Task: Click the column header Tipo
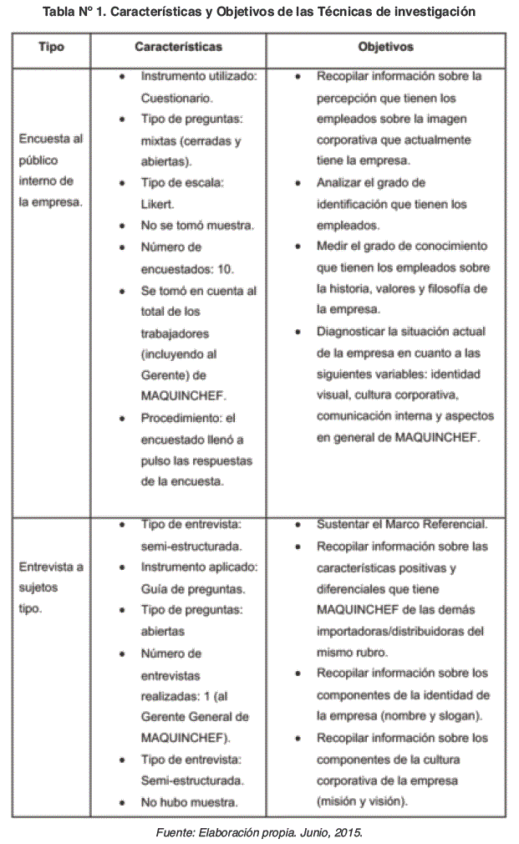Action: click(x=52, y=47)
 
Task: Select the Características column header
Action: click(x=178, y=47)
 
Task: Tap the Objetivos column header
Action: click(x=385, y=47)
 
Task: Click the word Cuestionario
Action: click(x=170, y=98)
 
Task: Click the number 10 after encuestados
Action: click(x=225, y=269)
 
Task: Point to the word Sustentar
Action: click(x=344, y=525)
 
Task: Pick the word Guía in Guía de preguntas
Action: click(x=155, y=588)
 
